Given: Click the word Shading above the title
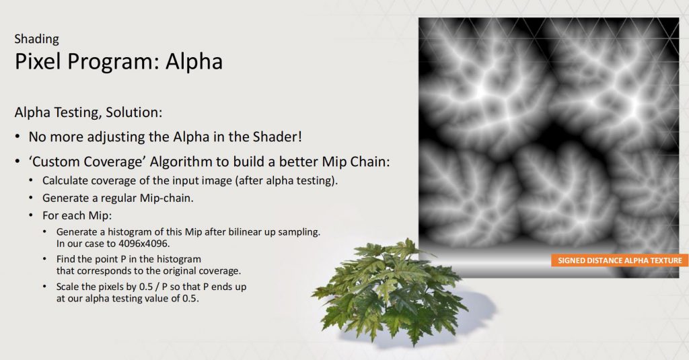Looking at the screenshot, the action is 36,39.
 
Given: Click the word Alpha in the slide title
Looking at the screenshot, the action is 194,61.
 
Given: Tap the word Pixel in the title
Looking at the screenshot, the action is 38,61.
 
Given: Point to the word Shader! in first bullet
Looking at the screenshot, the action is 277,137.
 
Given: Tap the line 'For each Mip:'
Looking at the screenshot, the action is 77,215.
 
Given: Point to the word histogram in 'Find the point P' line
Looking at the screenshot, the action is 179,259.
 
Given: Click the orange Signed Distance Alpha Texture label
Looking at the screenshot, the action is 620,260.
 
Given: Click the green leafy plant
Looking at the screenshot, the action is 389,290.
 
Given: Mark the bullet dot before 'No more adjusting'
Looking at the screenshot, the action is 17,137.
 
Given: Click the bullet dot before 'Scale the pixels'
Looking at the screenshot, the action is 45,287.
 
